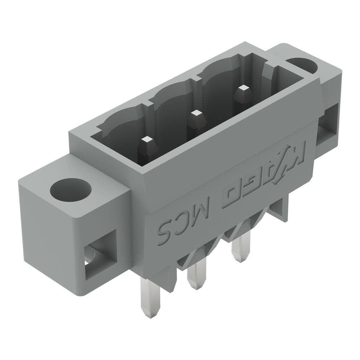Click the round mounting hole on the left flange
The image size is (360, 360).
click(x=70, y=190)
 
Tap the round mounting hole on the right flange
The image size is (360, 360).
click(x=302, y=64)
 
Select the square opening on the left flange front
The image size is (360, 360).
click(x=100, y=254)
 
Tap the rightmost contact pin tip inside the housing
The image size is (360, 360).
click(x=242, y=90)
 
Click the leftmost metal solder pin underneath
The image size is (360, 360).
click(x=150, y=295)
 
